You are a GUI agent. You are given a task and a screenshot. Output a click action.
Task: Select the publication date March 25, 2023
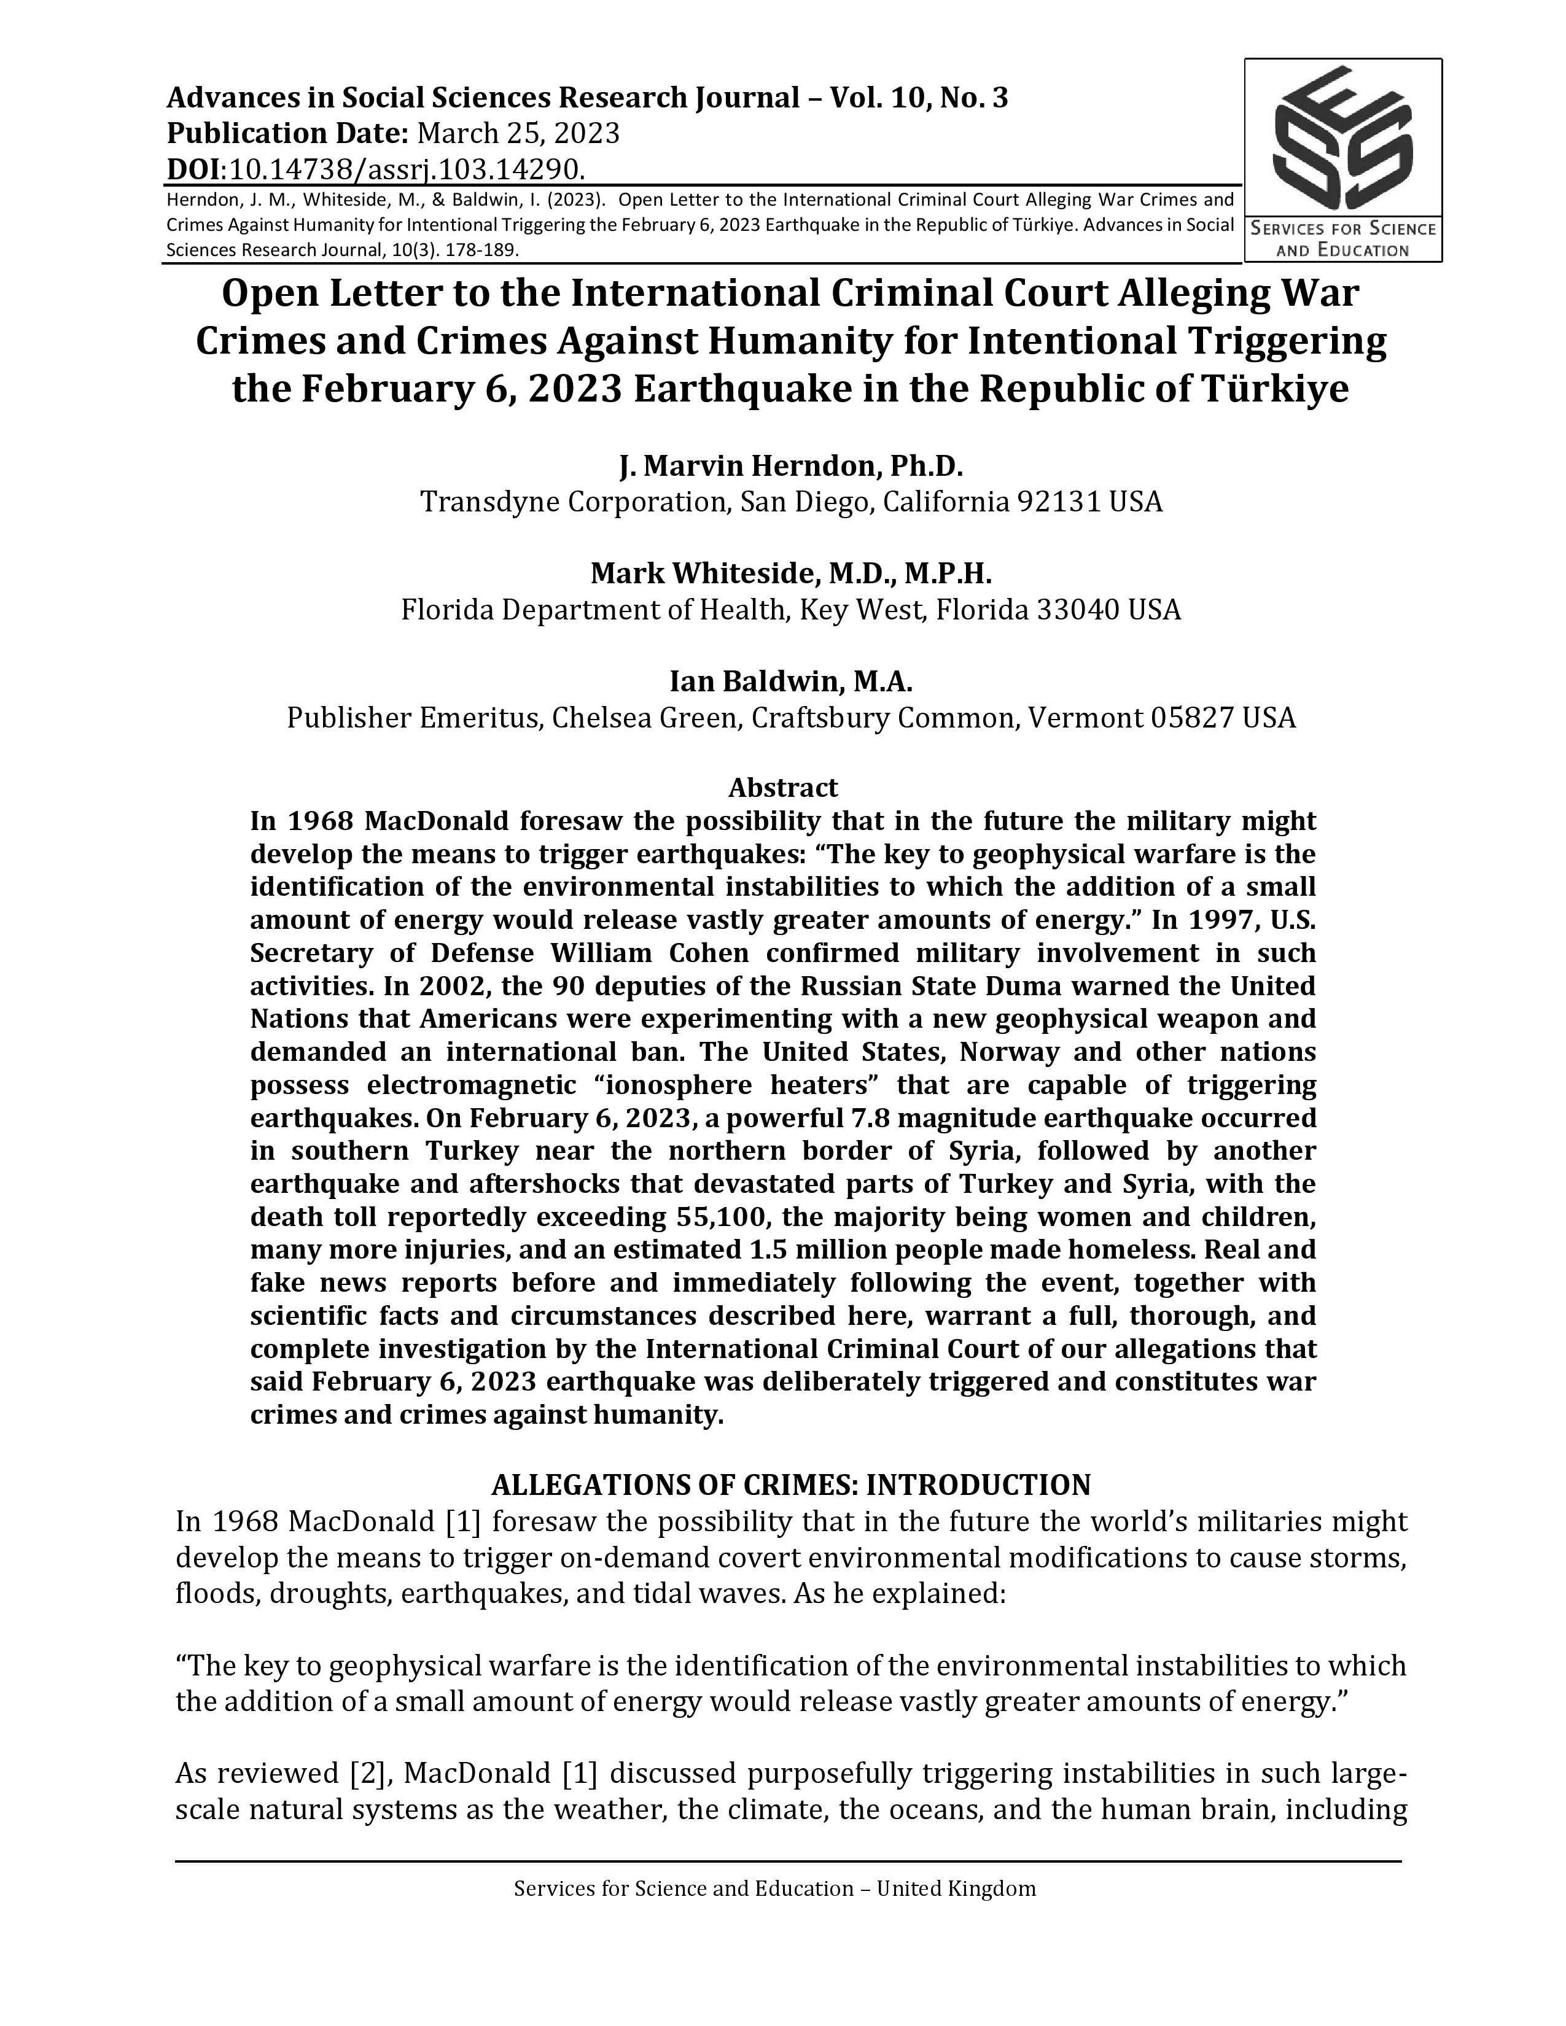[518, 134]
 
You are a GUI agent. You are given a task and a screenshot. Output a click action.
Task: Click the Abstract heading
[782, 788]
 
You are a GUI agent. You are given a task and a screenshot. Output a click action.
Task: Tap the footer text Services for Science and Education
[684, 1888]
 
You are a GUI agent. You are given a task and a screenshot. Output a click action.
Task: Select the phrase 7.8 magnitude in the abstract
[905, 1118]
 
